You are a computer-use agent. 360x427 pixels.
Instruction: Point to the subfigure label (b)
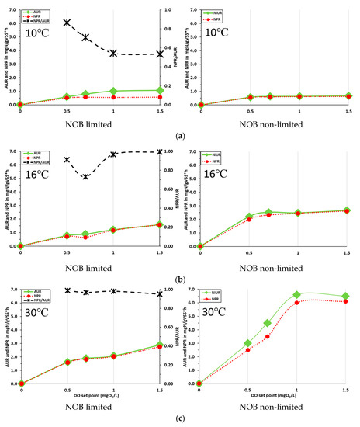pos(180,277)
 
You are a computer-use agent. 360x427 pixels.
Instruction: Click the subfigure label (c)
pos(180,419)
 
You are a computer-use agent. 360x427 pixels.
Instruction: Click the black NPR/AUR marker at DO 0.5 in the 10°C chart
pos(67,23)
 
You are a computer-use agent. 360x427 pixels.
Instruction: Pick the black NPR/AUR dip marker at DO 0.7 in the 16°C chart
pos(85,177)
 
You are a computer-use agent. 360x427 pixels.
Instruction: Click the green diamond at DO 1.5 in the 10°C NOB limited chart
pos(160,90)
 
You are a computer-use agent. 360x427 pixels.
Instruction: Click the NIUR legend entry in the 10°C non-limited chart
pos(211,13)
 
